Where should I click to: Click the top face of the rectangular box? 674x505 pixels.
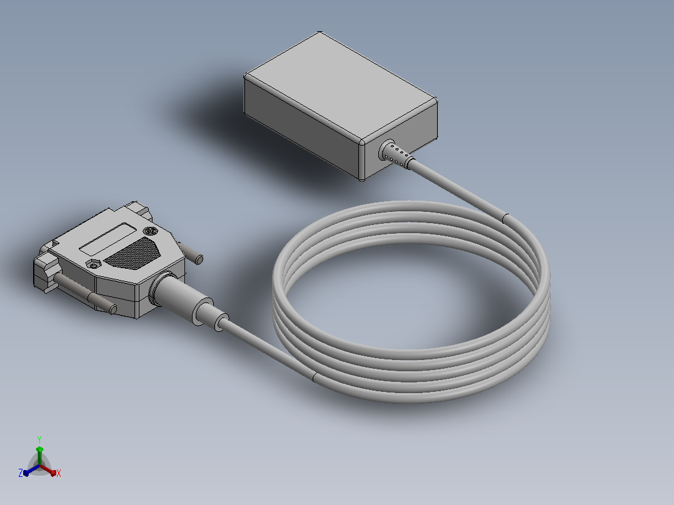(341, 86)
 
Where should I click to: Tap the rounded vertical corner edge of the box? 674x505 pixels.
(362, 161)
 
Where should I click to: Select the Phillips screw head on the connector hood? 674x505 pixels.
(149, 231)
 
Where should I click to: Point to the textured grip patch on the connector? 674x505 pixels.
(132, 253)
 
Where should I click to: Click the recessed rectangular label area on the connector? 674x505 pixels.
(108, 239)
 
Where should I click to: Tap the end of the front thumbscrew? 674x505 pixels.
(113, 309)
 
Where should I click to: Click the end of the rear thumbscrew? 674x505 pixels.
(199, 259)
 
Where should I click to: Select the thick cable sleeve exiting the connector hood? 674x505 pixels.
(181, 297)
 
